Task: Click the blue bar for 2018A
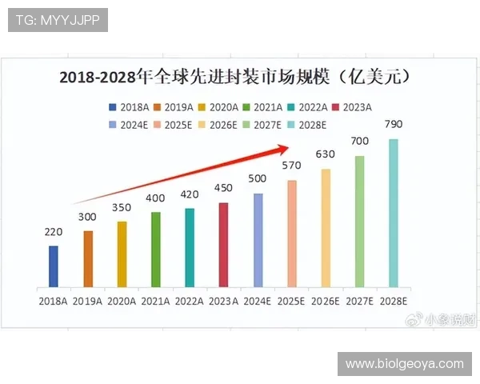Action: tap(54, 266)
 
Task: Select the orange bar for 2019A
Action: tap(88, 258)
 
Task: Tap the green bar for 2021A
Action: tap(155, 249)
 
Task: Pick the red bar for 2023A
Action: tap(223, 244)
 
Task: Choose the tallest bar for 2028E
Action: tap(393, 213)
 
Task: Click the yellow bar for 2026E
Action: tap(326, 227)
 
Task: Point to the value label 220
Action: tap(53, 233)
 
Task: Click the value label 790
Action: tap(393, 126)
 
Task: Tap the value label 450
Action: tap(223, 189)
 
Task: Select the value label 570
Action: tap(291, 166)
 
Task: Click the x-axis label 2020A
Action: tap(122, 301)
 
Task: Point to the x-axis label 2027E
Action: tap(359, 301)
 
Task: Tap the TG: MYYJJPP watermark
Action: tap(57, 20)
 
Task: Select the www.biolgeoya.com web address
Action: tap(404, 363)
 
